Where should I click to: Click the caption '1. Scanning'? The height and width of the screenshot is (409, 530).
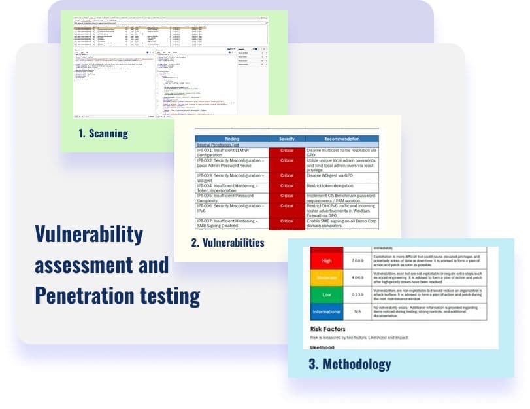pos(103,133)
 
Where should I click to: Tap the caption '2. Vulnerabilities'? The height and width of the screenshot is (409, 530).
pos(227,243)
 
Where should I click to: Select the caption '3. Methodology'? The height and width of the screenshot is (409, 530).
pos(350,364)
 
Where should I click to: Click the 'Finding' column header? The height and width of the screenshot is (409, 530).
pos(232,139)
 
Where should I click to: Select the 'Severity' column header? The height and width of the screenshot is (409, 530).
pos(287,139)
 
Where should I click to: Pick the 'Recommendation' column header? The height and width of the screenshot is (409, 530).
pos(342,139)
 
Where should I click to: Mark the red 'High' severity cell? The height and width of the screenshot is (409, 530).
pos(327,261)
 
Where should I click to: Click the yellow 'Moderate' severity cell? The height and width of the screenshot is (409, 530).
pos(327,278)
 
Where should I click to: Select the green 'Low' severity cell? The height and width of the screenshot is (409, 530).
pos(327,295)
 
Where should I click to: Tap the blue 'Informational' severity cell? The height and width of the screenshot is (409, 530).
pos(327,312)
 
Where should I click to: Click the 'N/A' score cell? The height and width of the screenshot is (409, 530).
pos(357,312)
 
